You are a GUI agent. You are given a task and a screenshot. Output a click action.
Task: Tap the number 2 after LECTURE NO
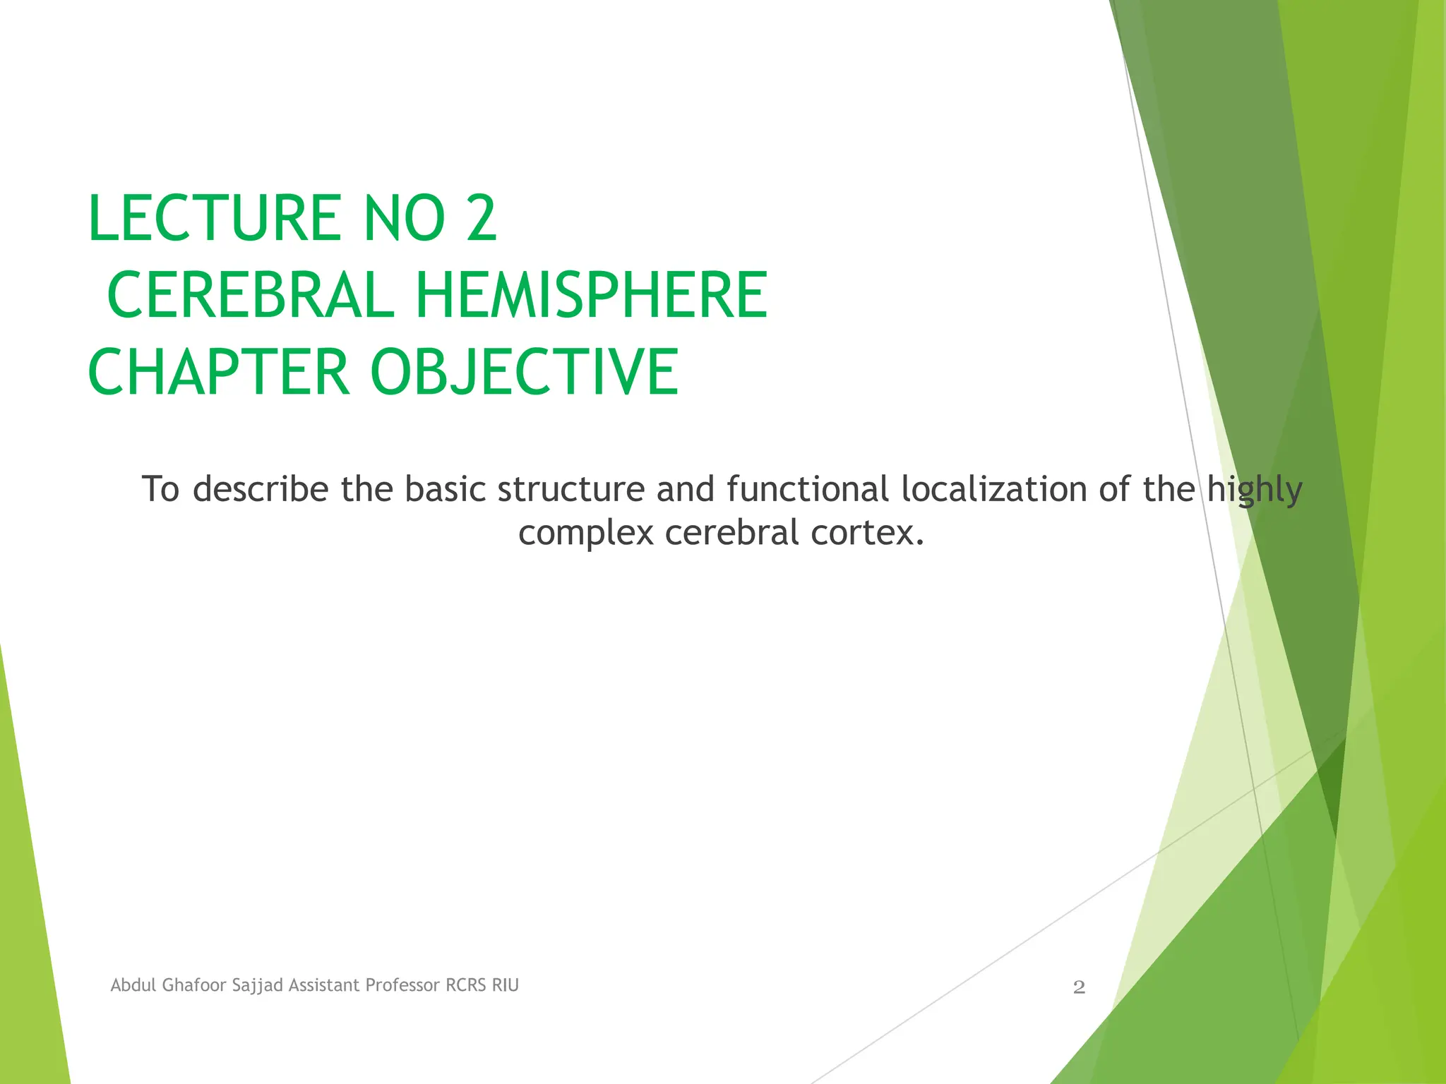click(481, 218)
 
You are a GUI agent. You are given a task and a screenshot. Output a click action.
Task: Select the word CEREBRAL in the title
click(250, 295)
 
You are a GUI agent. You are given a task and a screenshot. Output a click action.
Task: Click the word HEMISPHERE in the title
click(591, 295)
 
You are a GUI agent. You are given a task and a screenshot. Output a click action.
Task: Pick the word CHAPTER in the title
click(218, 372)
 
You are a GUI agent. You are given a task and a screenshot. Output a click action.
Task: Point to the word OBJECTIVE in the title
click(524, 372)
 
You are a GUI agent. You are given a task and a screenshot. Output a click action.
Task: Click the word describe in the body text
click(261, 489)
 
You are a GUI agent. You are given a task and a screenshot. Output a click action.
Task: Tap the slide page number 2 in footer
click(1079, 987)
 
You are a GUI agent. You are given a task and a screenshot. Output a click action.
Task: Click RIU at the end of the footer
click(506, 985)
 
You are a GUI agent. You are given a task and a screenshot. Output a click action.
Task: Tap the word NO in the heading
click(404, 218)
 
